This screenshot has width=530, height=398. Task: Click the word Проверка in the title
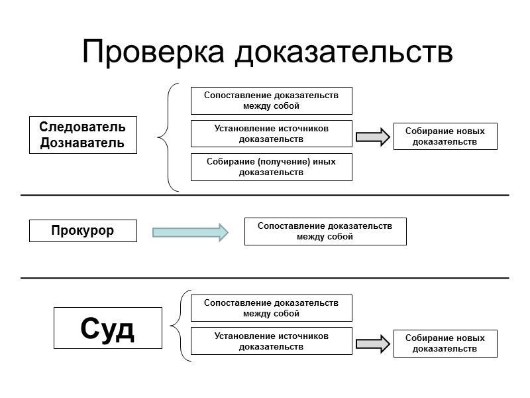tap(155, 52)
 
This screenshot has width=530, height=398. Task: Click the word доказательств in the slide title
tap(344, 52)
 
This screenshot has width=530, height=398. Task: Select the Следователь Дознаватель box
tap(83, 135)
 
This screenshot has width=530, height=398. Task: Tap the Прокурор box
tap(83, 231)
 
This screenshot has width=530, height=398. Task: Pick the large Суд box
tap(107, 328)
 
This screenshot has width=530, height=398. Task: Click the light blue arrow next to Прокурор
tap(190, 232)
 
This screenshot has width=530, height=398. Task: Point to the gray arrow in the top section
tap(373, 137)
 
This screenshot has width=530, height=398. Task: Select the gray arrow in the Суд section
tap(373, 344)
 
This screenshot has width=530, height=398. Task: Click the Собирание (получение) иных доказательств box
tap(271, 167)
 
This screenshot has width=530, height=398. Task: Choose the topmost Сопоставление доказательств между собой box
tap(271, 100)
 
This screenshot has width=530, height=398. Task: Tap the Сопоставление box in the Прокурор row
tap(325, 231)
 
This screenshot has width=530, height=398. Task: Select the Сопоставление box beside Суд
tap(271, 308)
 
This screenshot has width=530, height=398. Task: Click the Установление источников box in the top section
tap(271, 133)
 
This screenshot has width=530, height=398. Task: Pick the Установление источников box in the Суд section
tap(271, 341)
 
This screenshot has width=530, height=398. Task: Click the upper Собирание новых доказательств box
tap(445, 136)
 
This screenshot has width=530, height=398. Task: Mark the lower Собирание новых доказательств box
tap(445, 343)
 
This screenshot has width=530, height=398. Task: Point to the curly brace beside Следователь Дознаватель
tap(167, 137)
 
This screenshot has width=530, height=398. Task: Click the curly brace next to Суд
tap(179, 326)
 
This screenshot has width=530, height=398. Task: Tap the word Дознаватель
tap(83, 143)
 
